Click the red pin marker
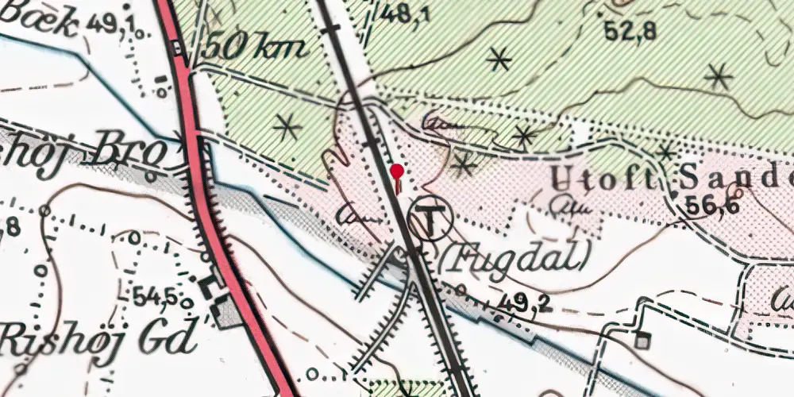[x=396, y=172]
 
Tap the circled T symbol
[x=430, y=218]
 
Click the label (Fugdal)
[x=517, y=256]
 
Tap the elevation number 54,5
[x=155, y=295]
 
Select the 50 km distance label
[x=254, y=48]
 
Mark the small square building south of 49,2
[x=641, y=342]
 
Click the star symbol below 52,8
[x=499, y=59]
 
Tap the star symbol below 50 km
[x=287, y=125]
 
